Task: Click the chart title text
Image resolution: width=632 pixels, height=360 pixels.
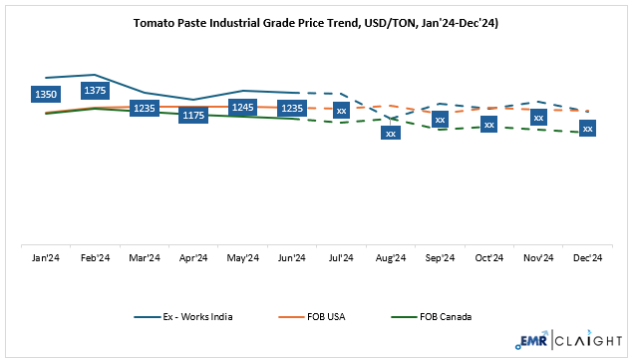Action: click(316, 21)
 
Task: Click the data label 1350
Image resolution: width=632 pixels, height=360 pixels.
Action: click(47, 94)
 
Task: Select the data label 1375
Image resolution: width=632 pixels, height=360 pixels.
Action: click(96, 90)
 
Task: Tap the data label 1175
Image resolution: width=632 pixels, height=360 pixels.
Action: click(193, 116)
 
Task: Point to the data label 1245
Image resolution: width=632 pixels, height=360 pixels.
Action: click(242, 107)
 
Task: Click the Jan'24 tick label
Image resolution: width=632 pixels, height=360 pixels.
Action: click(47, 258)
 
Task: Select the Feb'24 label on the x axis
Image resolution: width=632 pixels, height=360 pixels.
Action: click(96, 258)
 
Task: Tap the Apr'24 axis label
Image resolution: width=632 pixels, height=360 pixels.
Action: click(193, 258)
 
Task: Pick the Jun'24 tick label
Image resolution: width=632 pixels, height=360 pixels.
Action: click(292, 258)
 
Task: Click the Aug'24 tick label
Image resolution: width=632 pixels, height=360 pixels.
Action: click(390, 258)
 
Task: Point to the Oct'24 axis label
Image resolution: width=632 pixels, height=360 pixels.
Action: click(488, 258)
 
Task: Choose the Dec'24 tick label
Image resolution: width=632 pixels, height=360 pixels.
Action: click(586, 258)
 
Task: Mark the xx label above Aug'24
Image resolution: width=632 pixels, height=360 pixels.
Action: click(391, 133)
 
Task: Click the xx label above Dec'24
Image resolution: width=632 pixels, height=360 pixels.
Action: click(587, 129)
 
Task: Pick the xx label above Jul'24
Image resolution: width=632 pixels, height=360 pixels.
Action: click(341, 109)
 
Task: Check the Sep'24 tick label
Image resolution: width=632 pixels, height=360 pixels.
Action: click(439, 258)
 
